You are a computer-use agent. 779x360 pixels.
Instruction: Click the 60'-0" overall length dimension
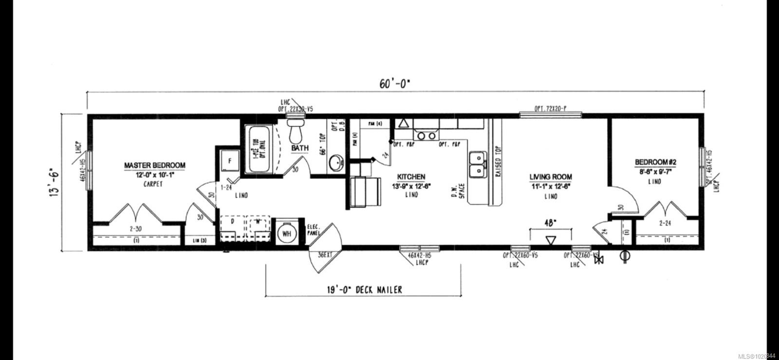click(395, 83)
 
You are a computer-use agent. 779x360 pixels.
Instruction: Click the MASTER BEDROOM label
click(154, 166)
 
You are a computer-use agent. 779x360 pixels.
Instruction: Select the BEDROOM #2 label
click(654, 162)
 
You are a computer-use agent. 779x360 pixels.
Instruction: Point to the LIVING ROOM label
click(551, 177)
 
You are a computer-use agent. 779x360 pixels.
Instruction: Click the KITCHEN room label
click(411, 177)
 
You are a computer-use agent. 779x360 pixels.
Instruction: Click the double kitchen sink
click(477, 165)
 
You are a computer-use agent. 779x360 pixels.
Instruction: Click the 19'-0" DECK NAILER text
click(364, 290)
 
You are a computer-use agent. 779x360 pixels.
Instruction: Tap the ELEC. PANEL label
click(313, 230)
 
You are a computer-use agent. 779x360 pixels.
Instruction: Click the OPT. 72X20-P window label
click(550, 108)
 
